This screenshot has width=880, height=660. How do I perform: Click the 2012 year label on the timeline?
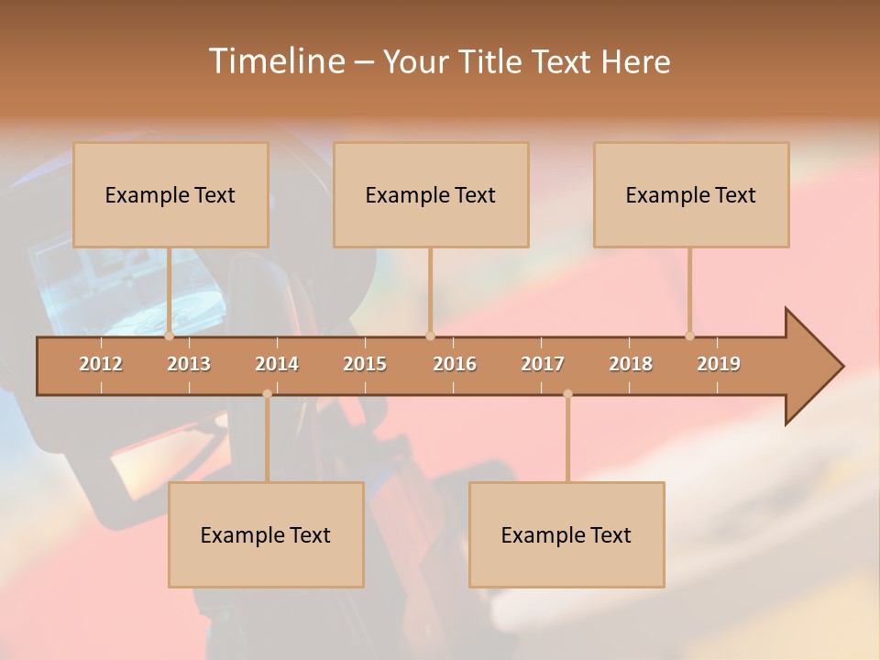[x=101, y=364]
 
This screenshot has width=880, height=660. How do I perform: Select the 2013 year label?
[x=189, y=364]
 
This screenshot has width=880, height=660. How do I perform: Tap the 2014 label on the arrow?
[x=277, y=364]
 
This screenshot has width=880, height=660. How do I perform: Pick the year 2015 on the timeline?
[x=365, y=364]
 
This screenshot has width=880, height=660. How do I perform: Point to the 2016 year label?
[x=455, y=364]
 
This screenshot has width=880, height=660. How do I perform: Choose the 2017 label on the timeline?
[x=543, y=364]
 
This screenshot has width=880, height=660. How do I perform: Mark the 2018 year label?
[x=631, y=364]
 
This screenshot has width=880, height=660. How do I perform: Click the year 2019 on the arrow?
[x=719, y=364]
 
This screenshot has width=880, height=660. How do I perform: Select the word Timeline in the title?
[x=275, y=61]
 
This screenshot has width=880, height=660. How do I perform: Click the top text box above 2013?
[x=170, y=194]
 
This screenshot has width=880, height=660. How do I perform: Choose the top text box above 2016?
[x=431, y=194]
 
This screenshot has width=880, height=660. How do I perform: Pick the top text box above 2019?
[x=691, y=194]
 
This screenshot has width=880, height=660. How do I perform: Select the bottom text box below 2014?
[x=266, y=534]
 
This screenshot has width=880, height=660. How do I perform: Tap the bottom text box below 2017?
[x=566, y=534]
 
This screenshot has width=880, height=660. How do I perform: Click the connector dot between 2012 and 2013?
[x=169, y=335]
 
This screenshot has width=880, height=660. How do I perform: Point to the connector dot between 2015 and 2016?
[x=430, y=335]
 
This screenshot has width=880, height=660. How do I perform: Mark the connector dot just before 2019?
[x=689, y=335]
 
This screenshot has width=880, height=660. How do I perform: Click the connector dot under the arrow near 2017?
[x=567, y=394]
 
